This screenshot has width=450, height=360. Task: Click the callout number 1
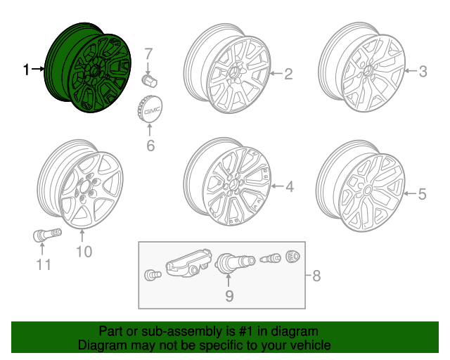(x=27, y=70)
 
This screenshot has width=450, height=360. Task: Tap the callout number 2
(x=288, y=73)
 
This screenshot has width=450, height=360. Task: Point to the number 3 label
(x=423, y=71)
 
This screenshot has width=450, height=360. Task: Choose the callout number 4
(x=289, y=186)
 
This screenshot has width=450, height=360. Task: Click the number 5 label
(x=422, y=194)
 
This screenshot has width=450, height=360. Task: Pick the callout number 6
(x=149, y=146)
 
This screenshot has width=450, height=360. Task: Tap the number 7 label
(x=148, y=53)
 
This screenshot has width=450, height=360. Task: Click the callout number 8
(x=316, y=276)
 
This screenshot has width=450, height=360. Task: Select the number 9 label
(x=229, y=296)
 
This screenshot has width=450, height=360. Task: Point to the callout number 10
(x=84, y=251)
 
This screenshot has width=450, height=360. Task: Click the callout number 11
(x=44, y=264)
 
